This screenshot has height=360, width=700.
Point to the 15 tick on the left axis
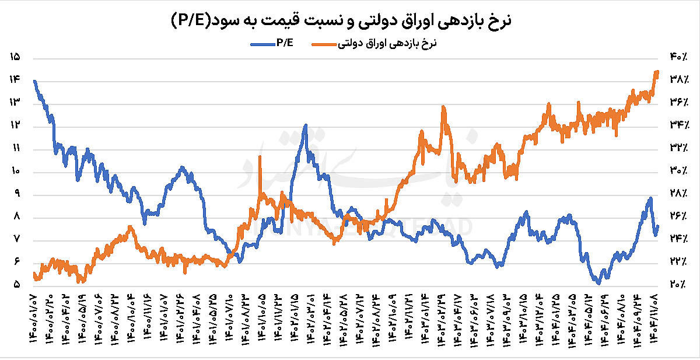pos(15,57)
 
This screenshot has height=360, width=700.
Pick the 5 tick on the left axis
pos(15,285)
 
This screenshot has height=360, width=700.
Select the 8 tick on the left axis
pos(15,216)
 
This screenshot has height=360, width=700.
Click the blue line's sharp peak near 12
pos(305,125)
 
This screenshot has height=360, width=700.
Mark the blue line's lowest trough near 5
pos(598,283)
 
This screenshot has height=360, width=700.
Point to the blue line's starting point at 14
pos(35,81)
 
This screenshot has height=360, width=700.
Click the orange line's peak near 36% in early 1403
pos(444,107)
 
